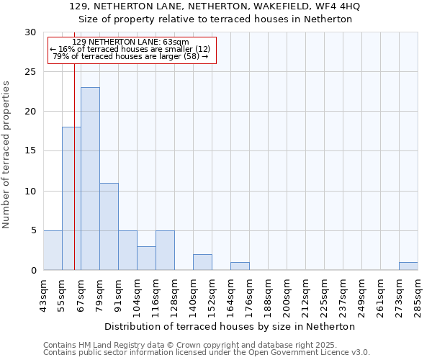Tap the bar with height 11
[109, 226]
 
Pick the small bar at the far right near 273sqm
[408, 266]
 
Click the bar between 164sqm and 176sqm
[240, 266]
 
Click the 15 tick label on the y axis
[30, 151]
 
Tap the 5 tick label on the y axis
[33, 230]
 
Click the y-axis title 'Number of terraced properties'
[6, 154]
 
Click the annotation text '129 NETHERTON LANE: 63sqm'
[131, 42]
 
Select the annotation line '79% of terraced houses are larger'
[131, 56]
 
